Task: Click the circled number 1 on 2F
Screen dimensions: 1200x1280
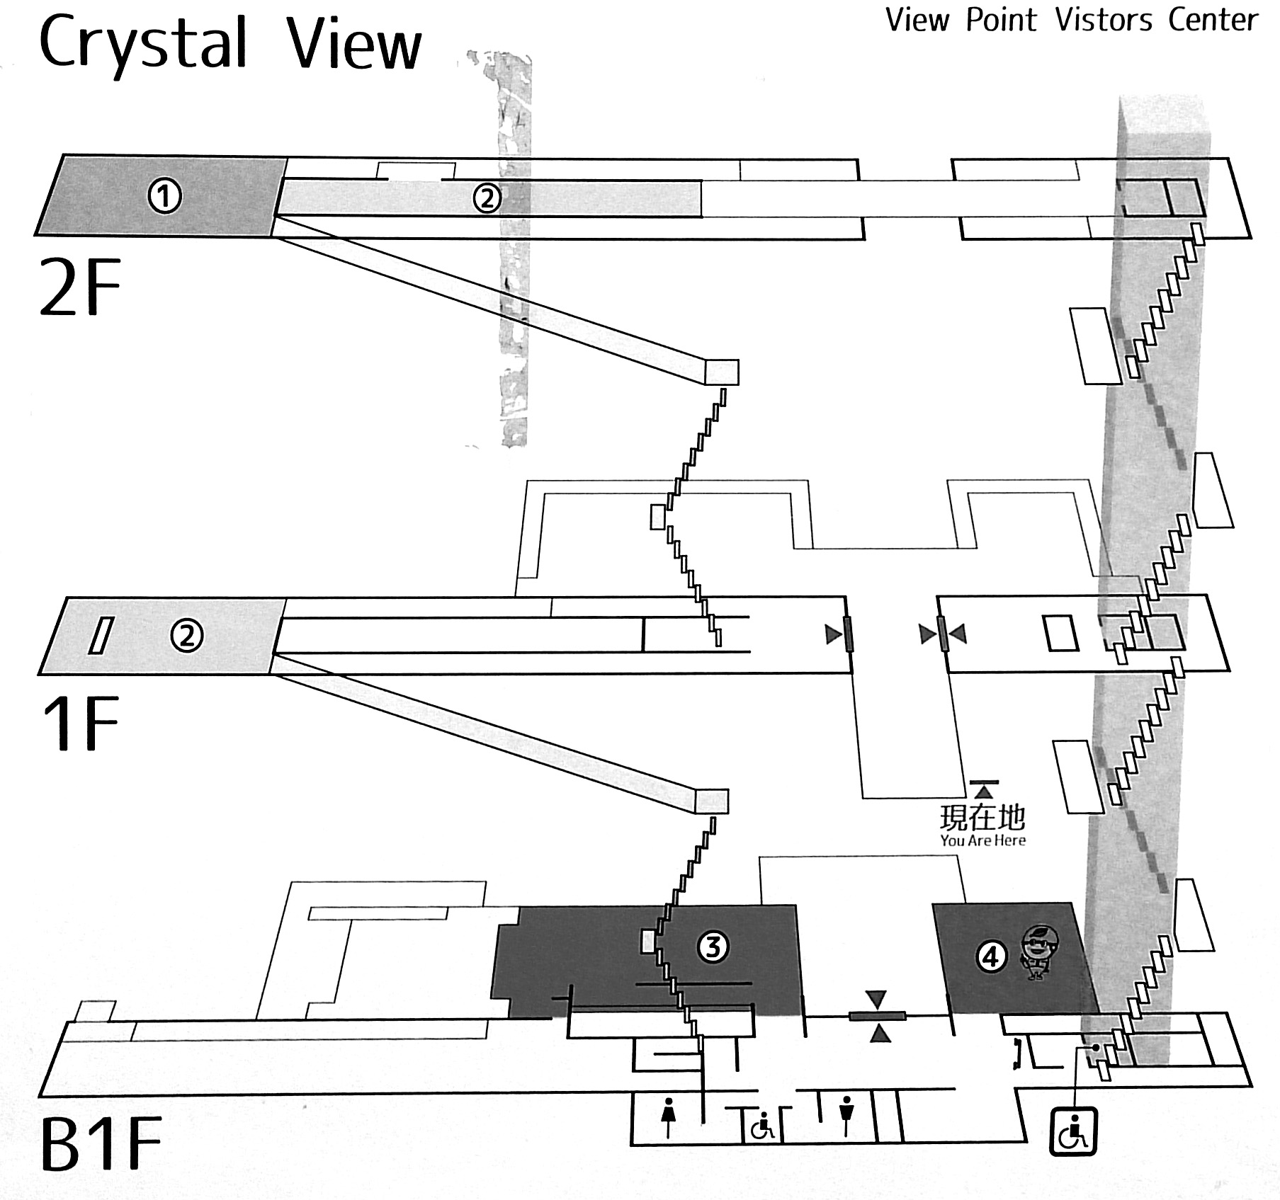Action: tap(164, 196)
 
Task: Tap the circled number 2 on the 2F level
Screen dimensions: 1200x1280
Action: tap(487, 198)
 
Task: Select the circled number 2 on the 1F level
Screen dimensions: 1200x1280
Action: tap(186, 636)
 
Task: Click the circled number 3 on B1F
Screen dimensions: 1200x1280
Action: tap(713, 947)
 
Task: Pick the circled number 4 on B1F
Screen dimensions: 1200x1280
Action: tap(991, 956)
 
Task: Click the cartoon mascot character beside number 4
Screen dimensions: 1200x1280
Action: tap(1038, 952)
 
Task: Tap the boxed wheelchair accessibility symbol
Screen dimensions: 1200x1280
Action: tap(1072, 1131)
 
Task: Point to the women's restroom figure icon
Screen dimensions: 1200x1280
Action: tap(668, 1117)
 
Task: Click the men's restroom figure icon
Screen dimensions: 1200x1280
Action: tap(846, 1116)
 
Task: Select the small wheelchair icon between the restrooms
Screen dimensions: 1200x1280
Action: tap(762, 1126)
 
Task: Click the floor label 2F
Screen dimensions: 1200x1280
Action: tap(80, 287)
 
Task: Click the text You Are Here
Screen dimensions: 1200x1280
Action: tap(982, 840)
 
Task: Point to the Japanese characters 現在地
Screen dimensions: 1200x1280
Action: tap(982, 817)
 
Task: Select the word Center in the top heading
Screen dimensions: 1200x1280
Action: tap(1213, 20)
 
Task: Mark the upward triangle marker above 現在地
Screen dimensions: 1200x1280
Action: tap(984, 790)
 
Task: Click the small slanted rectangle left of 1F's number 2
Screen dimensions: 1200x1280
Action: tap(101, 635)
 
